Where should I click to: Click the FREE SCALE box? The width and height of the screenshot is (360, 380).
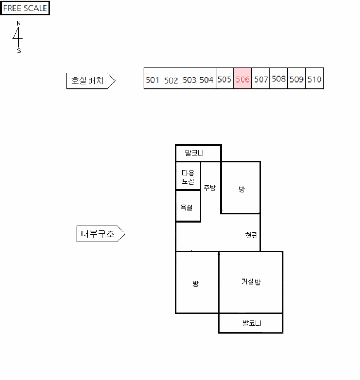click(x=25, y=8)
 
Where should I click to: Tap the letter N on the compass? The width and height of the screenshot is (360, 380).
click(x=18, y=23)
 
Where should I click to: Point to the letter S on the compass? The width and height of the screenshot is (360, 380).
click(x=19, y=50)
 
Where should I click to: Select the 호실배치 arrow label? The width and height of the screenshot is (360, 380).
click(x=91, y=81)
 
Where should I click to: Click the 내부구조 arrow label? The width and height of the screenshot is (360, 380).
click(x=101, y=233)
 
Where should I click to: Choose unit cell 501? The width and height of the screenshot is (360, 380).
click(x=153, y=78)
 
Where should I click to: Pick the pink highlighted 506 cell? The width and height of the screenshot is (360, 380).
click(x=243, y=78)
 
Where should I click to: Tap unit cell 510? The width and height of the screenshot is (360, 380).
click(x=314, y=78)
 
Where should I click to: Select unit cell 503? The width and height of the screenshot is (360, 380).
click(x=189, y=78)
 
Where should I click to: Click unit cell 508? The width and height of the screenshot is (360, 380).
click(x=279, y=78)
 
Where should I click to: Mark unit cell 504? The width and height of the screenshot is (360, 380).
click(x=207, y=78)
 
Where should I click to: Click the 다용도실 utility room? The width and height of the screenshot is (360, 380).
click(x=188, y=176)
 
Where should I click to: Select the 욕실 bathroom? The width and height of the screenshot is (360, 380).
click(x=188, y=206)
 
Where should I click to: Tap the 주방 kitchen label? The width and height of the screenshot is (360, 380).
click(x=210, y=188)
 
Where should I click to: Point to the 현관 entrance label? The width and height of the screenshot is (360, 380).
click(x=251, y=235)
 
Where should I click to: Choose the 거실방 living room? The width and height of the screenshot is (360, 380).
click(x=251, y=283)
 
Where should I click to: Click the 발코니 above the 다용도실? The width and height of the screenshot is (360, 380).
click(x=198, y=153)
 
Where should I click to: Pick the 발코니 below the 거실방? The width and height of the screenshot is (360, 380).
click(x=251, y=324)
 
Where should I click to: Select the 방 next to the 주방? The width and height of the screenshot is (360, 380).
click(x=241, y=188)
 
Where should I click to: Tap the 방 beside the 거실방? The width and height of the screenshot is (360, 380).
click(x=197, y=283)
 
